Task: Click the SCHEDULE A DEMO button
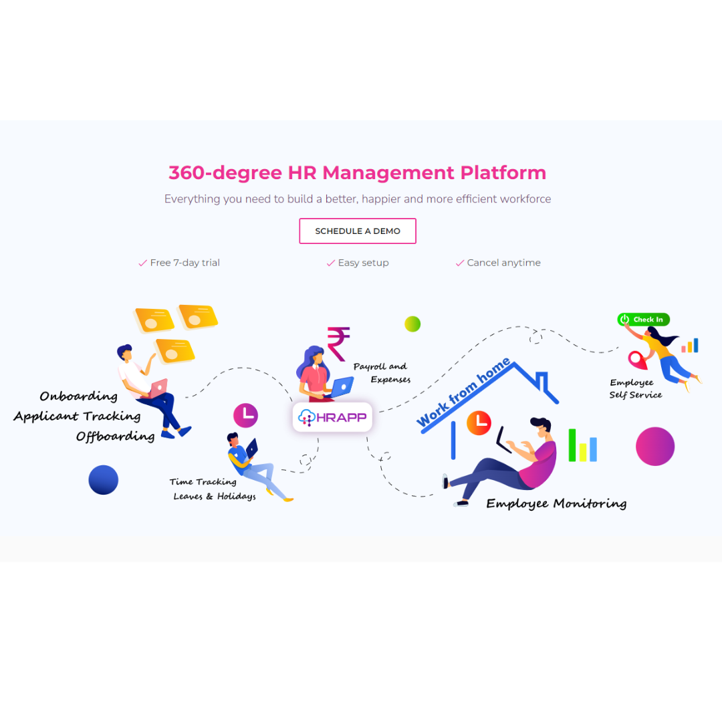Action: tap(358, 231)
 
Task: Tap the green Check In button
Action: tap(643, 320)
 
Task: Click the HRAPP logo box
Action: tap(332, 417)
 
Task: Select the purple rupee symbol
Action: tap(338, 343)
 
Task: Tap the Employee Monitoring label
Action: tap(556, 503)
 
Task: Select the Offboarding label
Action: tap(115, 437)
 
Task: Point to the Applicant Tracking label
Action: tap(77, 416)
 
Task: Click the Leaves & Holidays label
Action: tap(215, 496)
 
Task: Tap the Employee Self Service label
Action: tap(634, 388)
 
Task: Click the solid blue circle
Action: tap(104, 480)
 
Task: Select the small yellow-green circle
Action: tap(412, 324)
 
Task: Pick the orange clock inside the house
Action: tap(479, 421)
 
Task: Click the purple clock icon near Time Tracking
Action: tap(245, 415)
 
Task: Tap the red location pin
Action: tap(638, 360)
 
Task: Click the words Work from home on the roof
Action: tap(463, 392)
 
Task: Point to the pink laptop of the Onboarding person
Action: tap(158, 388)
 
